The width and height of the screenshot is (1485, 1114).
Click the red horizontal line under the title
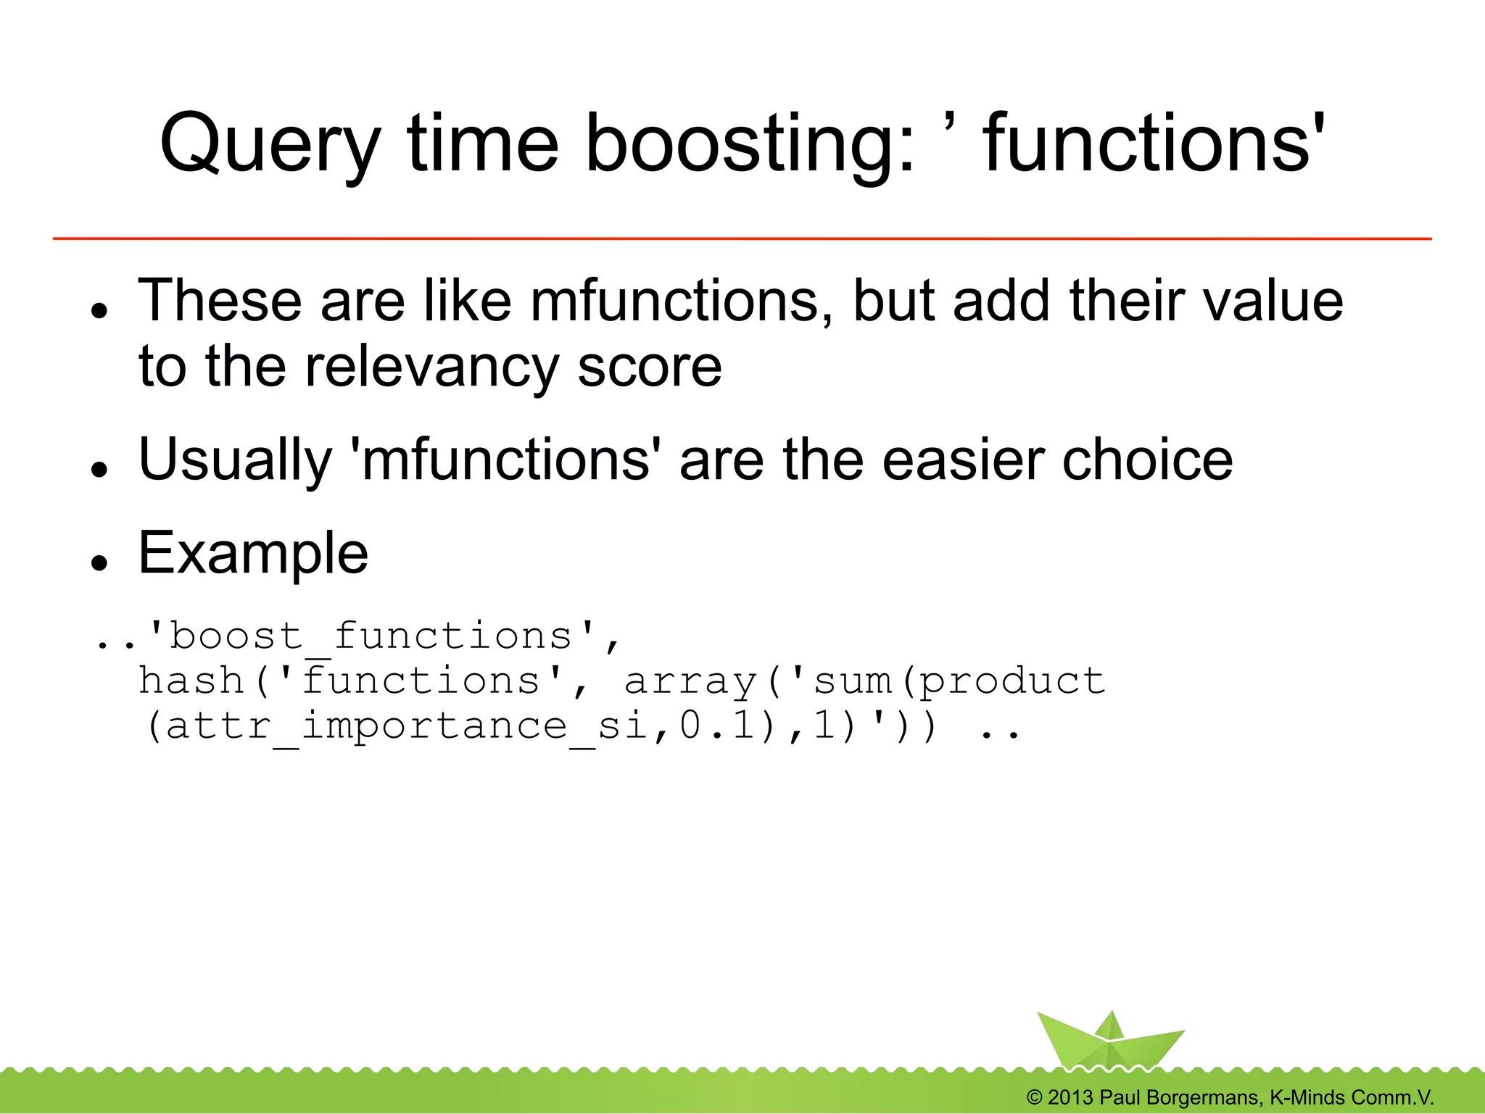click(x=742, y=238)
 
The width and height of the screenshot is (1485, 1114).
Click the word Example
click(x=253, y=554)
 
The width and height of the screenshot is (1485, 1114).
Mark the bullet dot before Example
click(x=99, y=563)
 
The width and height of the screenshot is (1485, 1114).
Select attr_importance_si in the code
click(x=406, y=726)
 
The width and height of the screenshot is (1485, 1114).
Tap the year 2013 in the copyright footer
click(x=1070, y=1097)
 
